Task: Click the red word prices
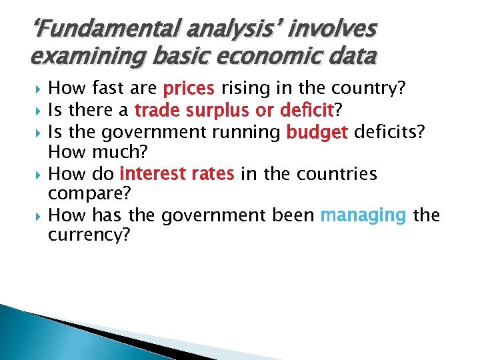tap(189, 89)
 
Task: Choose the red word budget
tap(317, 132)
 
